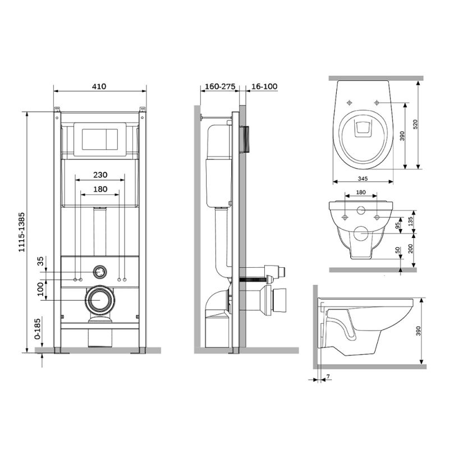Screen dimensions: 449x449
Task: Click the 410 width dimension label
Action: click(99, 86)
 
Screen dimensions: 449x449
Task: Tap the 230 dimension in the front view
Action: click(100, 175)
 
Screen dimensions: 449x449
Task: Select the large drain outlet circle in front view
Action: click(100, 300)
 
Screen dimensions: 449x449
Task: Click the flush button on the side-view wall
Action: click(245, 139)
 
